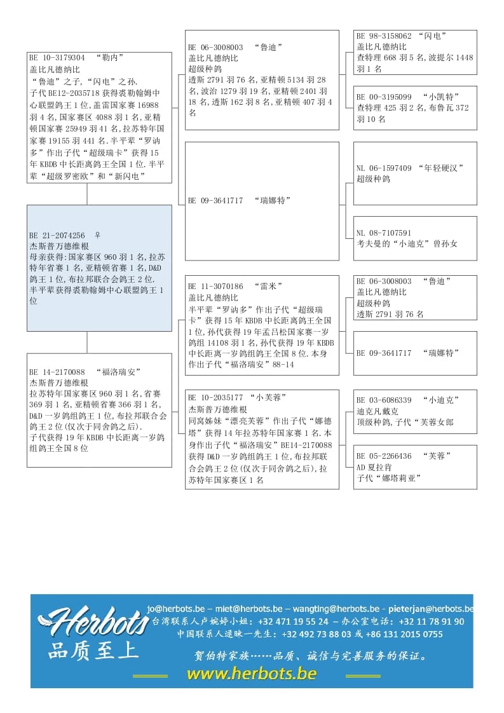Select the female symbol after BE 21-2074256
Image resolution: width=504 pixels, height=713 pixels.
pos(97,235)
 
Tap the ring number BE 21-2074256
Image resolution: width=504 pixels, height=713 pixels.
pos(57,235)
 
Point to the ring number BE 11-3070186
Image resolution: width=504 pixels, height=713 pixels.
pos(215,287)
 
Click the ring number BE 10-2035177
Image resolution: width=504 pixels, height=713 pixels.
pos(215,398)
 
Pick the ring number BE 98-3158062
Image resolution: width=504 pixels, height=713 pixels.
pos(384,36)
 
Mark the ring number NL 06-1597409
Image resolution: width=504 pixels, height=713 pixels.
pos(384,168)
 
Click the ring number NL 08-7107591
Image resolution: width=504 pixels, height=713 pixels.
pos(384,233)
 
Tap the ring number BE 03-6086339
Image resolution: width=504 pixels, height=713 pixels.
pos(384,400)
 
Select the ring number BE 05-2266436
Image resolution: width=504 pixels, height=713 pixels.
pos(384,456)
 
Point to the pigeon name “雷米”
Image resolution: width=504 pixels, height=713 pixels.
pos(268,287)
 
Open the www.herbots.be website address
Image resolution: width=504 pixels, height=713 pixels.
pos(252,674)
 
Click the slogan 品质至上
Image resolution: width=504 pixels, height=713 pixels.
pos(93,651)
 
